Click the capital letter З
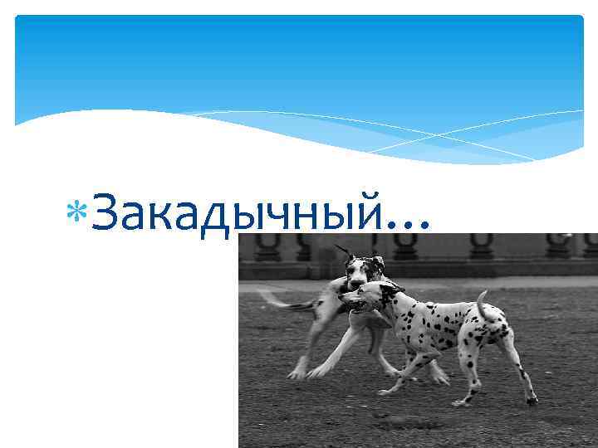105,212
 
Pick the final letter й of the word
370,212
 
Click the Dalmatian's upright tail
483,305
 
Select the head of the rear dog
363,270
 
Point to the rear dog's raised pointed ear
342,251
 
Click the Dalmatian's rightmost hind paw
532,400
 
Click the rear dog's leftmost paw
296,374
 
